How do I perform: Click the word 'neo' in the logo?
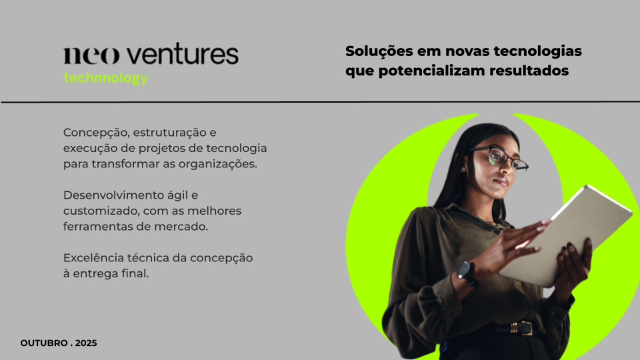[x=91, y=55]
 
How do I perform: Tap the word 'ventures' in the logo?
[x=182, y=54]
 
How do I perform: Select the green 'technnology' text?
[x=105, y=78]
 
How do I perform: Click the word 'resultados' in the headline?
[x=529, y=71]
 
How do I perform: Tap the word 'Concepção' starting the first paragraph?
[x=96, y=133]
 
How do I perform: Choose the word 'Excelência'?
[x=93, y=258]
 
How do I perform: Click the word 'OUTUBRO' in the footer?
[x=44, y=343]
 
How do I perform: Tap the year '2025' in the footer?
[x=86, y=343]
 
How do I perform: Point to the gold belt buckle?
[x=521, y=328]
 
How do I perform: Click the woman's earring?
[x=465, y=168]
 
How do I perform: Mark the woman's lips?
[x=501, y=181]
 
